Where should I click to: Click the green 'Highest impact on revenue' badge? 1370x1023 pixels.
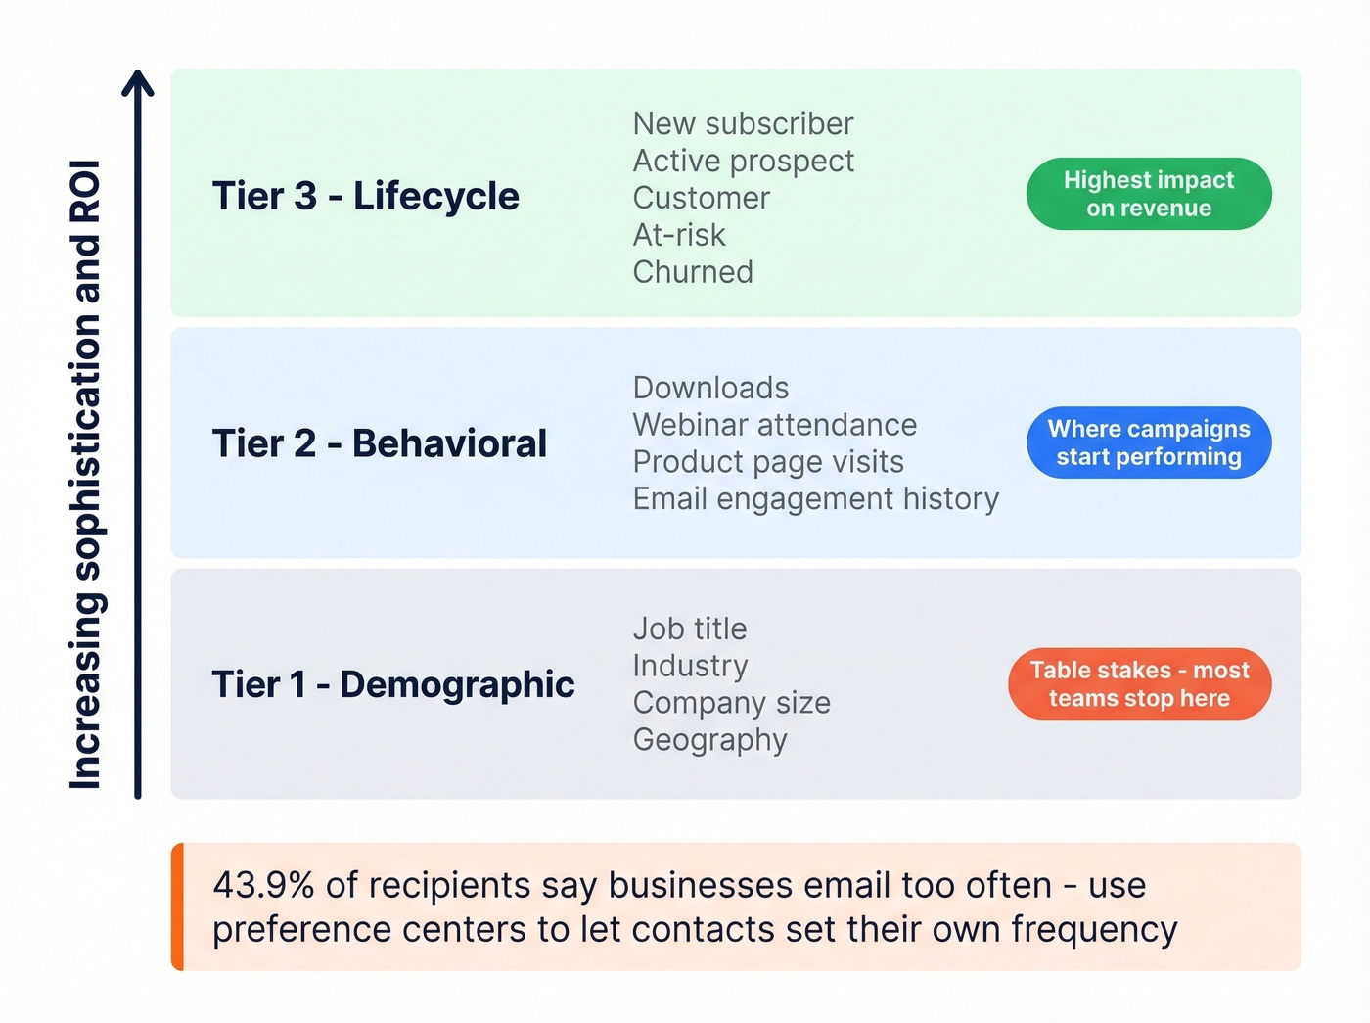pos(1149,194)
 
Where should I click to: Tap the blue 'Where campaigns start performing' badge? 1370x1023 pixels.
pos(1149,442)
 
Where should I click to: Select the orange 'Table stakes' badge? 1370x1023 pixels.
pos(1139,683)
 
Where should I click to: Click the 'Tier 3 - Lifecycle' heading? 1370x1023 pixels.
pos(365,196)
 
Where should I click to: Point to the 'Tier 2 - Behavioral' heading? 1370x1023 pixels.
pos(379,443)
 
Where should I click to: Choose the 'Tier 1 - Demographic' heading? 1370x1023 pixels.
pos(392,684)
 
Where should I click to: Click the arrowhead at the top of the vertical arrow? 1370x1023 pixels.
pos(138,82)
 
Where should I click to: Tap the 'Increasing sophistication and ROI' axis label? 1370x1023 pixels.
pos(86,475)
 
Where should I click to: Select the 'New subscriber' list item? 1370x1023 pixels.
pos(743,124)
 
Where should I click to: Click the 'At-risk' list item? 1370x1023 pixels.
pos(679,235)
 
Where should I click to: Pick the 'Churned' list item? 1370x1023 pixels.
pos(693,272)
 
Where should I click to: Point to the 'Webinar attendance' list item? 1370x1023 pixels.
pos(774,425)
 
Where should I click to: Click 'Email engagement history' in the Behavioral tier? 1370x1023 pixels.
pos(815,499)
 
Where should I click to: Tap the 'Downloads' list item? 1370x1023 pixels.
pos(710,388)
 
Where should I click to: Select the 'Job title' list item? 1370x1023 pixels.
pos(689,628)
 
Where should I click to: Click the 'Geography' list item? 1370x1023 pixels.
pos(709,740)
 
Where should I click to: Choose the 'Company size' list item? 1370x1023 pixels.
pos(731,703)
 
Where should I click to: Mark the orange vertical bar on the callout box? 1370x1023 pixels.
pos(177,907)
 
